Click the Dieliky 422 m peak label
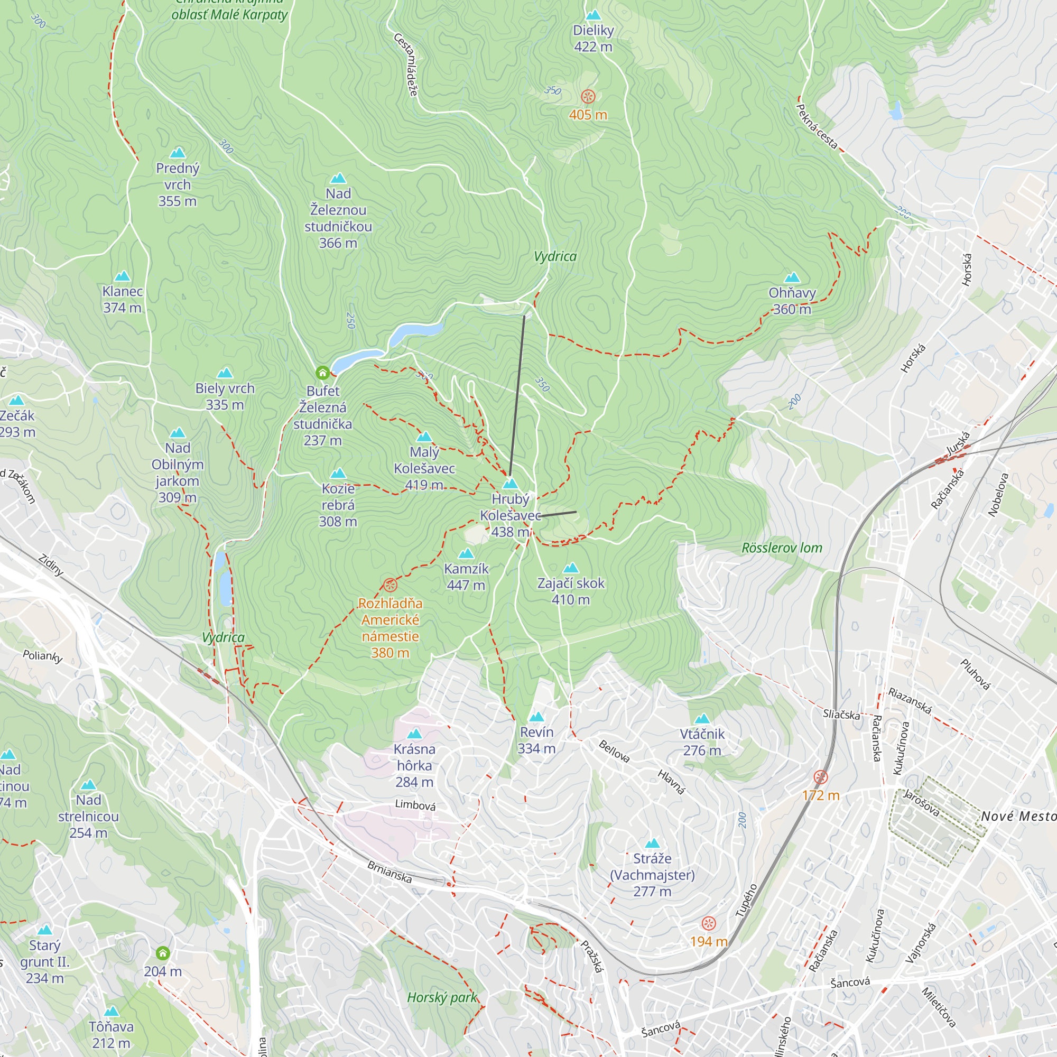(x=593, y=38)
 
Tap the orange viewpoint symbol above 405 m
(x=588, y=97)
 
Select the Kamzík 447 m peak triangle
(x=466, y=554)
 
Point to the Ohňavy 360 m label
(x=792, y=300)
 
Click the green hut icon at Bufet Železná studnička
(x=323, y=373)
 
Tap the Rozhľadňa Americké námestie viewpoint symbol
(x=390, y=585)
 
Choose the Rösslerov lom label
(x=782, y=548)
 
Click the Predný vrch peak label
(x=177, y=184)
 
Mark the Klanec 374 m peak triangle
(x=123, y=276)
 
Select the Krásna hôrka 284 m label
(x=415, y=765)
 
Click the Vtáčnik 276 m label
(x=702, y=742)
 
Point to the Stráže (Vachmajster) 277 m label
(x=652, y=874)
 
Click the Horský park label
(x=442, y=997)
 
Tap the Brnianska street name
(x=389, y=871)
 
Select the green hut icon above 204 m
(x=162, y=953)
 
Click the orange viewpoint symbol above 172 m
(x=821, y=777)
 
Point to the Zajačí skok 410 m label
(x=571, y=591)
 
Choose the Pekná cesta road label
(x=817, y=126)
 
